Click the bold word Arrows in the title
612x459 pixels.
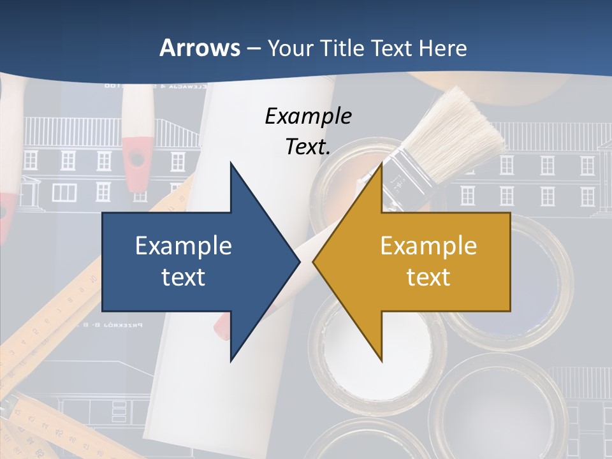[x=200, y=48]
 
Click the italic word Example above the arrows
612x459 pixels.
[x=308, y=117]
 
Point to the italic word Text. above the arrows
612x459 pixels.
[x=308, y=147]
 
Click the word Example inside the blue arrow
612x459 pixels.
[x=183, y=246]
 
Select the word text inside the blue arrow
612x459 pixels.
[x=183, y=277]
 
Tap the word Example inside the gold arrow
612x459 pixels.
[x=428, y=246]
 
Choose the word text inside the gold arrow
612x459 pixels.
[x=428, y=277]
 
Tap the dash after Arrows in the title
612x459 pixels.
[x=253, y=48]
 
